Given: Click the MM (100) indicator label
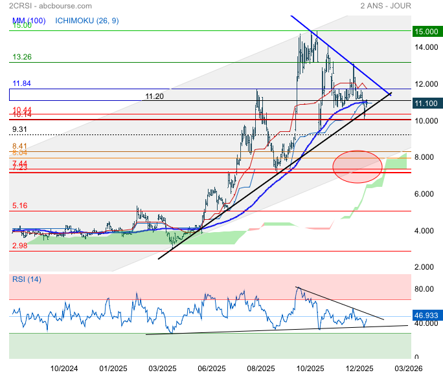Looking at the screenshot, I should pos(28,21).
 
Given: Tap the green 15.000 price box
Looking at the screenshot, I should pos(426,31).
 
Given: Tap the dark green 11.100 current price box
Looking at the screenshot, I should pos(426,103).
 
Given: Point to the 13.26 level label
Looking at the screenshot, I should pos(22,57).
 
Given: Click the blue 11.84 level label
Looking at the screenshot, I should pos(22,83).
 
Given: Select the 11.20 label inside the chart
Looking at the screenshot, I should pos(154,96).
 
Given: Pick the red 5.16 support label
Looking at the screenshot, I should pos(21,206).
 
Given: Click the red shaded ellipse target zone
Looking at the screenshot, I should pos(357,166).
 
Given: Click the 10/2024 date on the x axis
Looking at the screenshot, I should pos(64,368).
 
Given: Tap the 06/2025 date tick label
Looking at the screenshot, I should pos(210,368).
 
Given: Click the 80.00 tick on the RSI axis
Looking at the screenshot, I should pos(424,289).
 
